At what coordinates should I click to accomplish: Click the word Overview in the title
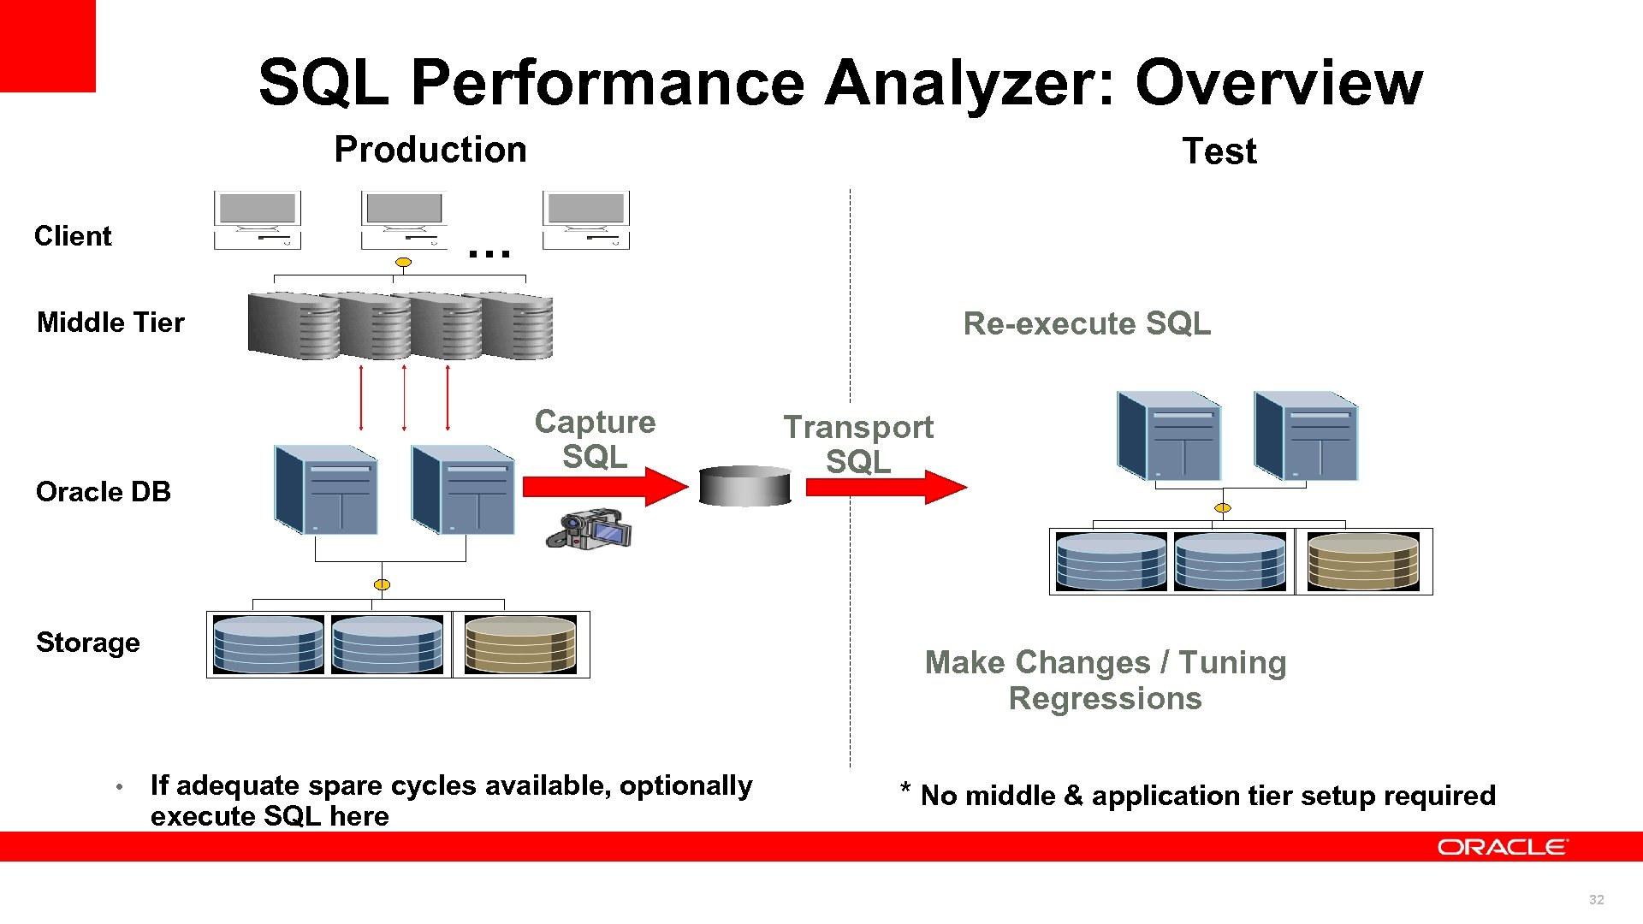[1278, 83]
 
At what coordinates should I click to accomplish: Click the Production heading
[430, 150]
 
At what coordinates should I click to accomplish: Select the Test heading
[1219, 151]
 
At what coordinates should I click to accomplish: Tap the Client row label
[73, 236]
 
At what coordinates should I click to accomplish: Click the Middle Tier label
[110, 323]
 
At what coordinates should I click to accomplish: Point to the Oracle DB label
[103, 492]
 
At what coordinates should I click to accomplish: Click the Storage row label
[87, 643]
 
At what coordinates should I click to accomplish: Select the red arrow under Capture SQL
[604, 487]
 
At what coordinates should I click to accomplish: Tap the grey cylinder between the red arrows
[744, 486]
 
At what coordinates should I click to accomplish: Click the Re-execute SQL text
[1087, 324]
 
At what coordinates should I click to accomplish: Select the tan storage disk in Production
[520, 644]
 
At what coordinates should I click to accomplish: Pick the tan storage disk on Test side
[1363, 561]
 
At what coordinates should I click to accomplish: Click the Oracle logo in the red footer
[1502, 847]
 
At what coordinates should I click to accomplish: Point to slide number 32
[1596, 899]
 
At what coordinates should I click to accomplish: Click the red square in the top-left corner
[47, 44]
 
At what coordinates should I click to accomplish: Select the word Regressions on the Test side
[1105, 699]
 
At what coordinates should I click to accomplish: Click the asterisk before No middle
[905, 788]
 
